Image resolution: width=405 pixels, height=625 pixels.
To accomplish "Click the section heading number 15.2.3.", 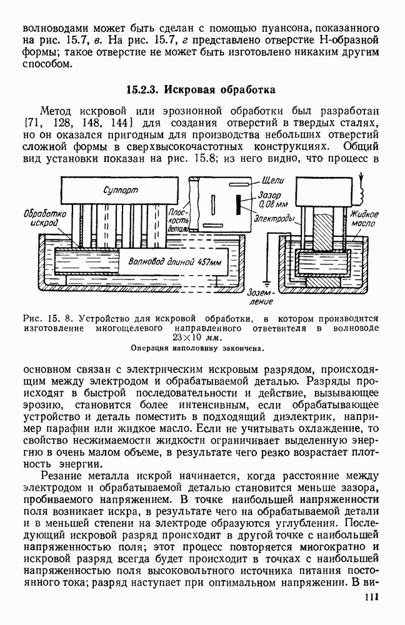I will [x=145, y=89].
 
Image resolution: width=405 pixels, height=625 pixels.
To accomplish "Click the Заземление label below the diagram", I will [x=285, y=297].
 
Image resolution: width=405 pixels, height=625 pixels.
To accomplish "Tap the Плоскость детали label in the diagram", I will [x=179, y=221].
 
